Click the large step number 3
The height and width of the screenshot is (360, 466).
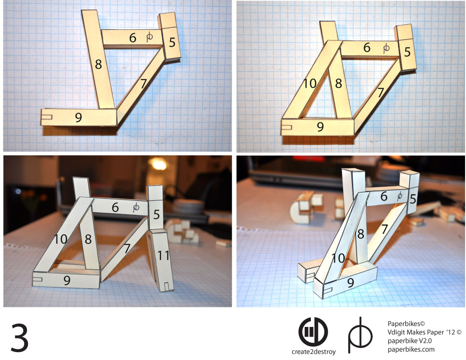tap(20, 338)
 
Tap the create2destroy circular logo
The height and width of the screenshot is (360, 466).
tap(313, 332)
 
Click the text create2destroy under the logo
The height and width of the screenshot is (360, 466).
tap(314, 352)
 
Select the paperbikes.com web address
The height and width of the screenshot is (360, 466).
tap(411, 349)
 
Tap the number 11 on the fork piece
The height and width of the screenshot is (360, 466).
tap(164, 255)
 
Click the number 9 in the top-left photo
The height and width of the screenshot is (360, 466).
tap(78, 117)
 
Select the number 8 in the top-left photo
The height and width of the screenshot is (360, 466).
tap(98, 64)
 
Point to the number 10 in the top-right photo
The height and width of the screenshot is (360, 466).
tap(310, 83)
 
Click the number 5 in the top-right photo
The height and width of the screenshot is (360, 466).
tap(407, 52)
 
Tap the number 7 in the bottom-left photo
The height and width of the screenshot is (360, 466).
tap(127, 248)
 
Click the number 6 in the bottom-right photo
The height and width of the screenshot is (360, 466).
tap(384, 197)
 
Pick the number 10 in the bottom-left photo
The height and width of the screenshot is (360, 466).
tap(60, 239)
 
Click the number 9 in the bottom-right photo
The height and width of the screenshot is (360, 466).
tap(351, 283)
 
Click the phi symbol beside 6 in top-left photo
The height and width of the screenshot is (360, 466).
tap(150, 37)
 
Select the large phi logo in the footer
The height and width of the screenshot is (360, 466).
tap(360, 335)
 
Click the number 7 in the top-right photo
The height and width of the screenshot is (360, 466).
tap(381, 93)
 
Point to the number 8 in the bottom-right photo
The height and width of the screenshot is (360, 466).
tap(361, 234)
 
